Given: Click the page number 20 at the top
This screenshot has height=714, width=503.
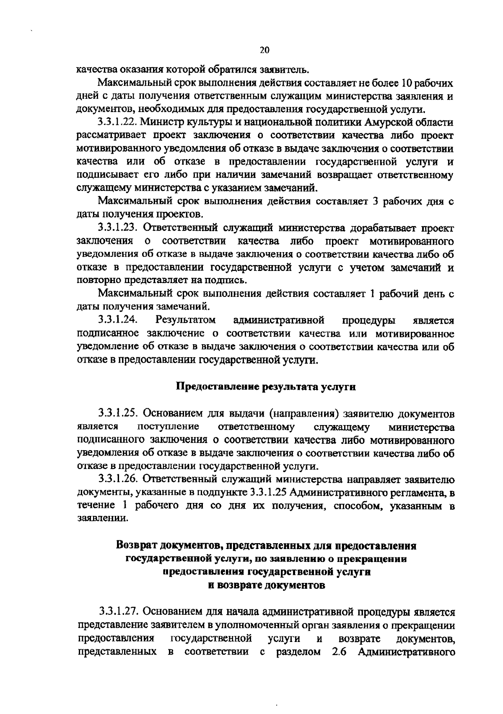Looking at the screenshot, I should click(x=264, y=50).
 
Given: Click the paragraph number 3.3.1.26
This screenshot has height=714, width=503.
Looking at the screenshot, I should click(x=118, y=479).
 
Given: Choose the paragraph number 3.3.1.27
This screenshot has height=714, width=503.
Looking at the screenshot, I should click(x=118, y=612).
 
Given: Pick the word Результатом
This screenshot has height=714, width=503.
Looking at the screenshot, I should click(x=185, y=320).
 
